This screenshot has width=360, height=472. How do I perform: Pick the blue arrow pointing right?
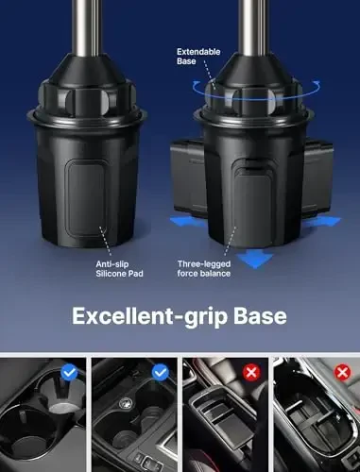(328, 220)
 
